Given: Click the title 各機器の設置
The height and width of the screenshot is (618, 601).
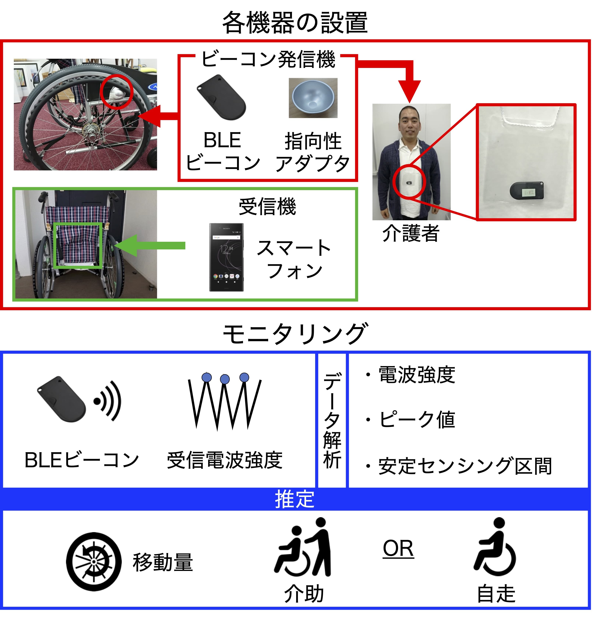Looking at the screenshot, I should (x=295, y=23).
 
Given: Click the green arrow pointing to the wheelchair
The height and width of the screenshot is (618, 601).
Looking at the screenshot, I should (x=150, y=246).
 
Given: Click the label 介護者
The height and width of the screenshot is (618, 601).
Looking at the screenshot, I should (x=411, y=233).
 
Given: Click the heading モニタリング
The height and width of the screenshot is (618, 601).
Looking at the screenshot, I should (x=295, y=334).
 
